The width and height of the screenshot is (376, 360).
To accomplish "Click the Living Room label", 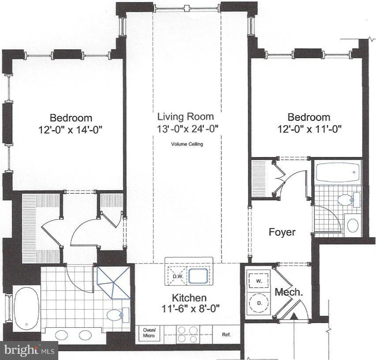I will pyautogui.click(x=185, y=117).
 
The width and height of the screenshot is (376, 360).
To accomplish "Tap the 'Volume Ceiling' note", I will pyautogui.click(x=187, y=144).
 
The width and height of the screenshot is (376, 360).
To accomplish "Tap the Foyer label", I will pyautogui.click(x=282, y=232).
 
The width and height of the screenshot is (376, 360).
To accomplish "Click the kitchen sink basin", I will pyautogui.click(x=200, y=276).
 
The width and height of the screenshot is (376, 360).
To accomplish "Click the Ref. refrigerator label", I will pyautogui.click(x=226, y=334).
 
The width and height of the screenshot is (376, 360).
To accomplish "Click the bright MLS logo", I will pyautogui.click(x=29, y=350).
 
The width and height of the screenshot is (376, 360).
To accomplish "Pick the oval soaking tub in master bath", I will pyautogui.click(x=26, y=309).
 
